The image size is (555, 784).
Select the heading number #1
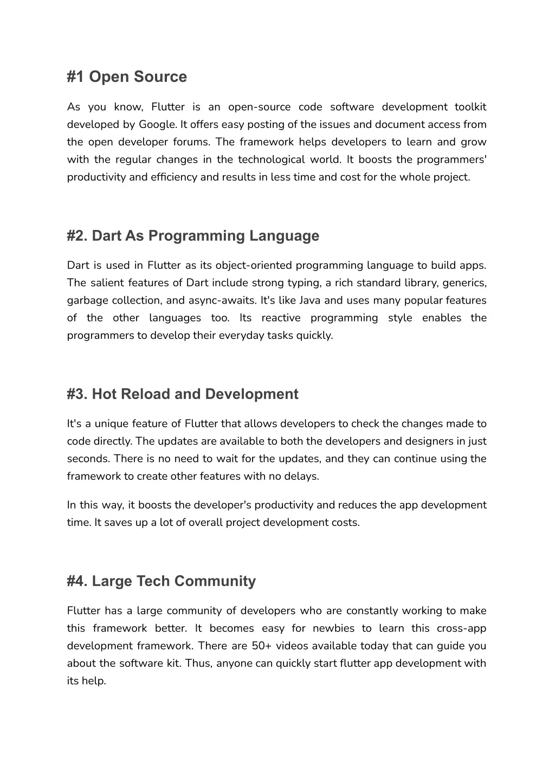[x=76, y=77]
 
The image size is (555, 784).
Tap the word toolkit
[x=470, y=107]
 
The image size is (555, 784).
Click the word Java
[x=309, y=300]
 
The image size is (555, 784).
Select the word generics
[x=464, y=283]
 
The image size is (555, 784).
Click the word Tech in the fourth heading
[x=153, y=581]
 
